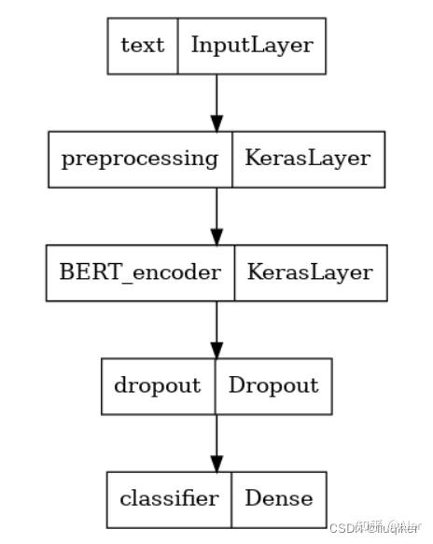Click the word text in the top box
coord(142,45)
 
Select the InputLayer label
coord(251,45)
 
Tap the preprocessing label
coord(138,158)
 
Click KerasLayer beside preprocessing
coord(307,158)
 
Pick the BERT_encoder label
coord(140,272)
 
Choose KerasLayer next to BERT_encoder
coord(309,272)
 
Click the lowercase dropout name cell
coord(158,385)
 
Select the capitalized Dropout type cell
coord(274,385)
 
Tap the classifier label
coord(169,498)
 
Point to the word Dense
coord(279,498)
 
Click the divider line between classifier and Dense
coord(231,498)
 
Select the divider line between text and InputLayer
coord(177,45)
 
